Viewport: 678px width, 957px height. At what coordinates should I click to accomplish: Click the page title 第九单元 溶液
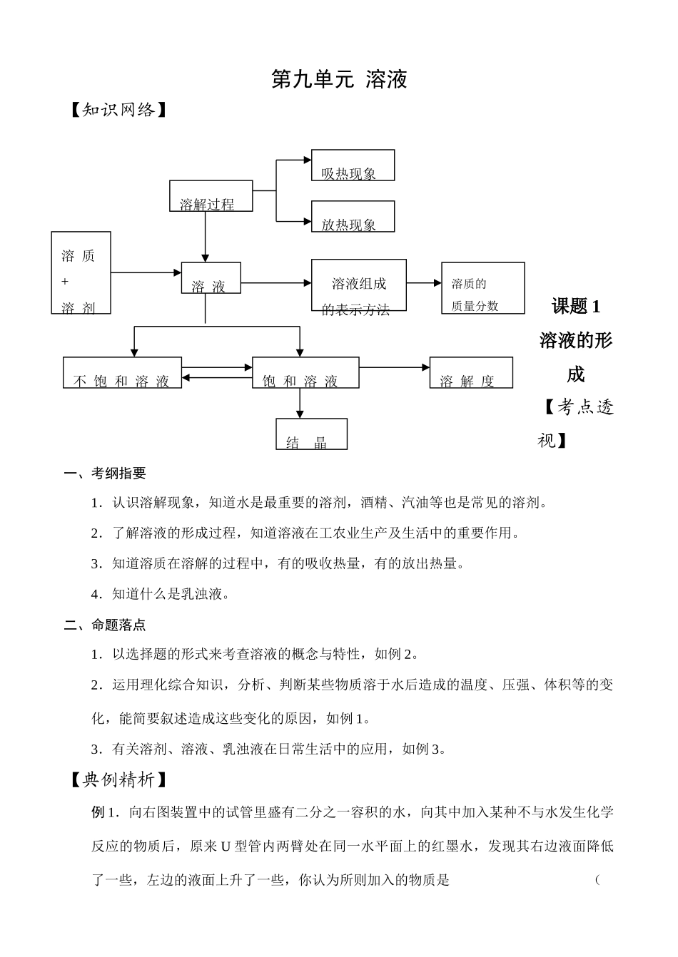click(339, 79)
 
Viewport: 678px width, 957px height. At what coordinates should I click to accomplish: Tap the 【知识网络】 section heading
click(118, 110)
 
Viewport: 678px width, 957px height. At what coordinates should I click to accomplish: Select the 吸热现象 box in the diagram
click(353, 165)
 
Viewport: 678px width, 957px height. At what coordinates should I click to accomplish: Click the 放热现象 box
click(353, 217)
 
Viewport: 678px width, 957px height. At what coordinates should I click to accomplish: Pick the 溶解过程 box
click(211, 196)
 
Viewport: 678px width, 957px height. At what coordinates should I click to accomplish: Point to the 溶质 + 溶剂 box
click(81, 273)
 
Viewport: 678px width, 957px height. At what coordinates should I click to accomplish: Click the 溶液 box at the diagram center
click(211, 278)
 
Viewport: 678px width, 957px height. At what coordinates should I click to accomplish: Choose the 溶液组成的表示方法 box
click(358, 285)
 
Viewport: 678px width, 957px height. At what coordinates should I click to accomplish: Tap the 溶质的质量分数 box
click(482, 288)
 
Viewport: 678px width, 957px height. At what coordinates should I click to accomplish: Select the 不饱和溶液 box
click(122, 373)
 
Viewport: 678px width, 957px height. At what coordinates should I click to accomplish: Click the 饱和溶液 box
click(305, 373)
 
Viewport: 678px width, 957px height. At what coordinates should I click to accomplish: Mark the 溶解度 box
click(470, 373)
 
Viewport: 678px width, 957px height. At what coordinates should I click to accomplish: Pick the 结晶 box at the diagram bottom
click(311, 434)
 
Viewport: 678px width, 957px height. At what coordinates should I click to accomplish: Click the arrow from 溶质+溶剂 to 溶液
click(146, 272)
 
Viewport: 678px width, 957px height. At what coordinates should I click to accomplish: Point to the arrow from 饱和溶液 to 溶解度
click(394, 368)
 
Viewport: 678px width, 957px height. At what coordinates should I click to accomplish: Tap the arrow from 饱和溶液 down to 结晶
click(300, 403)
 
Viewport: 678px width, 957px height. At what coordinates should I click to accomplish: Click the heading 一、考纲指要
click(105, 474)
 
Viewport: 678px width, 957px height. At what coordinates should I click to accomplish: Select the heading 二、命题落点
click(105, 625)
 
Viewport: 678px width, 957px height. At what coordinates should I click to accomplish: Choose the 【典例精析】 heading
click(118, 780)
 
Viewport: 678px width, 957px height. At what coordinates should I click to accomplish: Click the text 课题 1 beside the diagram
click(576, 307)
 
